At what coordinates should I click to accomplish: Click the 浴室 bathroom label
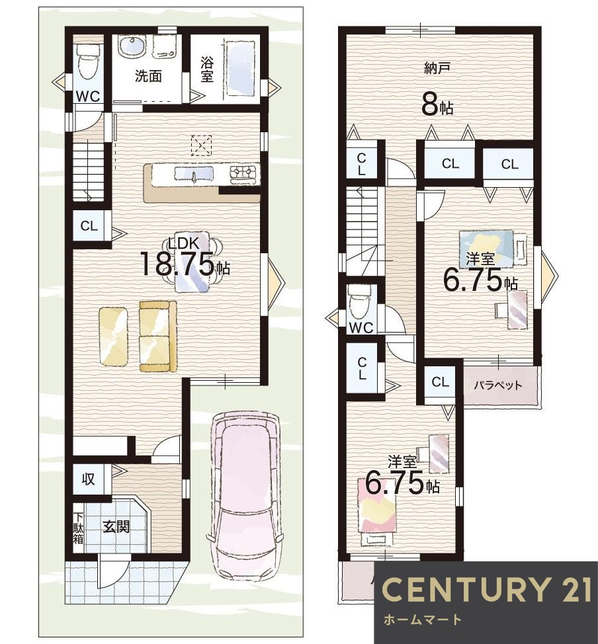click(207, 70)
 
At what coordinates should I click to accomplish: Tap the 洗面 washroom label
click(148, 76)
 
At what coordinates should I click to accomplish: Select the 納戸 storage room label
click(437, 68)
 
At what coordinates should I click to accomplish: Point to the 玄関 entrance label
click(116, 526)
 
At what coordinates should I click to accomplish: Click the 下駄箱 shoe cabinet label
click(78, 528)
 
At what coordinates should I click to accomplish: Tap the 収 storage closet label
click(88, 479)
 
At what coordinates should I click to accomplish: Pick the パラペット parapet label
click(497, 385)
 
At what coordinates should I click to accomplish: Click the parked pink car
click(245, 495)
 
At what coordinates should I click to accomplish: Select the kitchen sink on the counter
click(194, 175)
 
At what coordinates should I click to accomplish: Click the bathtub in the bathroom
click(241, 68)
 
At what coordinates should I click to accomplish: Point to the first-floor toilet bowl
click(88, 62)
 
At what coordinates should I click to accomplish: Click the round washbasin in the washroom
click(132, 46)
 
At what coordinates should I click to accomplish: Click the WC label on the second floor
click(361, 327)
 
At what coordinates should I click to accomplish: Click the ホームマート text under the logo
click(423, 620)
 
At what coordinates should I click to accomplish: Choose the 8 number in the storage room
click(430, 107)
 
